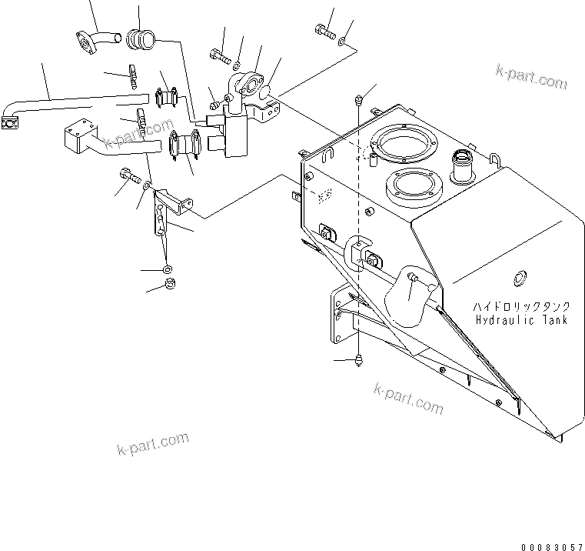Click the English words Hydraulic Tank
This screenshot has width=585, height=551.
[520, 319]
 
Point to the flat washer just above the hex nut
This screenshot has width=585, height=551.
[168, 270]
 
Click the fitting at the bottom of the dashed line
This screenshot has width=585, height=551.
[359, 362]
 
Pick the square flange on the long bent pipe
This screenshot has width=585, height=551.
[10, 122]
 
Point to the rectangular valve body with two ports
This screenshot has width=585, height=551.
[234, 132]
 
